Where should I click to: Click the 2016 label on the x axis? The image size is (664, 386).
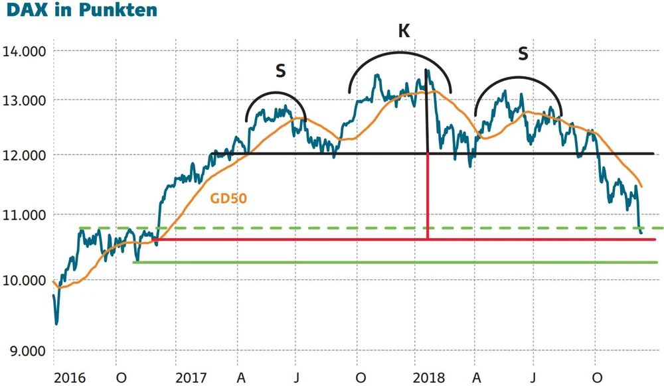[69, 377]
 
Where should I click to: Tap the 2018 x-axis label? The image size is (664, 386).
[429, 377]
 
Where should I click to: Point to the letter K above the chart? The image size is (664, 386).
[403, 31]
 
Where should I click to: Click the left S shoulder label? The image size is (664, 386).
[280, 71]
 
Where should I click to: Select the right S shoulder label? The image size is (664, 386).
[523, 54]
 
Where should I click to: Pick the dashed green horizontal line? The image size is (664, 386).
[332, 228]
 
